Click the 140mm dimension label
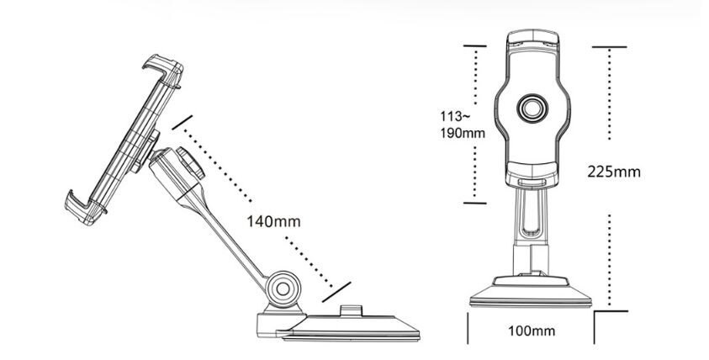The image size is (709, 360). click(x=273, y=221)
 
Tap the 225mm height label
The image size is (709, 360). click(x=614, y=172)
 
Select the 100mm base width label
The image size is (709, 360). click(x=532, y=331)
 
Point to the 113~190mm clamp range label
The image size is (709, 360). click(x=463, y=124)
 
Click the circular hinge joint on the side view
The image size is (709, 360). click(x=283, y=289)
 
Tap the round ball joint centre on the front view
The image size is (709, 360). click(x=532, y=109)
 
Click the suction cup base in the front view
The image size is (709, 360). click(x=531, y=292)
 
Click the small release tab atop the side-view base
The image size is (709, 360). click(x=351, y=310)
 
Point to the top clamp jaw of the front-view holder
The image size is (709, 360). click(x=532, y=40)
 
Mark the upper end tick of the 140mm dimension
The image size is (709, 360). click(x=183, y=122)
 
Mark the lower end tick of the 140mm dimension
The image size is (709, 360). click(x=336, y=292)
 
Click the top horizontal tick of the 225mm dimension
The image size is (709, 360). click(x=609, y=46)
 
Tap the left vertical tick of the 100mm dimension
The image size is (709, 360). click(x=468, y=328)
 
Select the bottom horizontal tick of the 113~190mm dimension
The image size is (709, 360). click(x=475, y=203)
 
